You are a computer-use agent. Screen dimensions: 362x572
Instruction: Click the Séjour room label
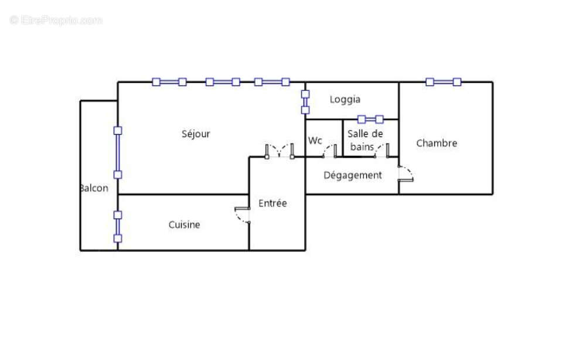(196, 134)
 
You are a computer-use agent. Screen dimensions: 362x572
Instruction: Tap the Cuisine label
(184, 225)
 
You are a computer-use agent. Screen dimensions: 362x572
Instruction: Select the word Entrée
(273, 203)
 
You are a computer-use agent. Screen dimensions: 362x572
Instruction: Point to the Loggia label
(345, 100)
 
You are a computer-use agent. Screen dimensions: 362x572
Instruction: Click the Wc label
(315, 141)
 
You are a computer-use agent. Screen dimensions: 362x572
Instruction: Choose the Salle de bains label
(365, 140)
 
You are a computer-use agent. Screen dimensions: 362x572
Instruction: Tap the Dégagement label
(352, 175)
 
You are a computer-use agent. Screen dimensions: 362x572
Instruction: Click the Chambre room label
(437, 143)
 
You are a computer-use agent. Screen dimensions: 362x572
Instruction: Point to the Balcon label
(94, 189)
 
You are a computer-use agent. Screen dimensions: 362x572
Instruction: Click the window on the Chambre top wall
(443, 82)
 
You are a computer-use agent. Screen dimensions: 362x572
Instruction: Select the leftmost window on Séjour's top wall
(169, 82)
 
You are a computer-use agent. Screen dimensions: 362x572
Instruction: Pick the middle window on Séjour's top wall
(223, 82)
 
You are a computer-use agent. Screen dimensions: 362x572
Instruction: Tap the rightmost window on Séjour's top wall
(271, 82)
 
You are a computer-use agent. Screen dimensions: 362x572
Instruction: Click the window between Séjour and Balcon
(118, 152)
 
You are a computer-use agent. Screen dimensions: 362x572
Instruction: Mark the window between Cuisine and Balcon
(118, 227)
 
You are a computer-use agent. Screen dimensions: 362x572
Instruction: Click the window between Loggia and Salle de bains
(370, 119)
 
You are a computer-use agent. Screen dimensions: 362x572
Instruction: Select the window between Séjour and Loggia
(305, 102)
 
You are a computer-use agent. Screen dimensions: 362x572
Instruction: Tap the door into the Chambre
(406, 173)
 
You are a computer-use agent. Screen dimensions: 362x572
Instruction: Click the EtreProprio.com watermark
(56, 21)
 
